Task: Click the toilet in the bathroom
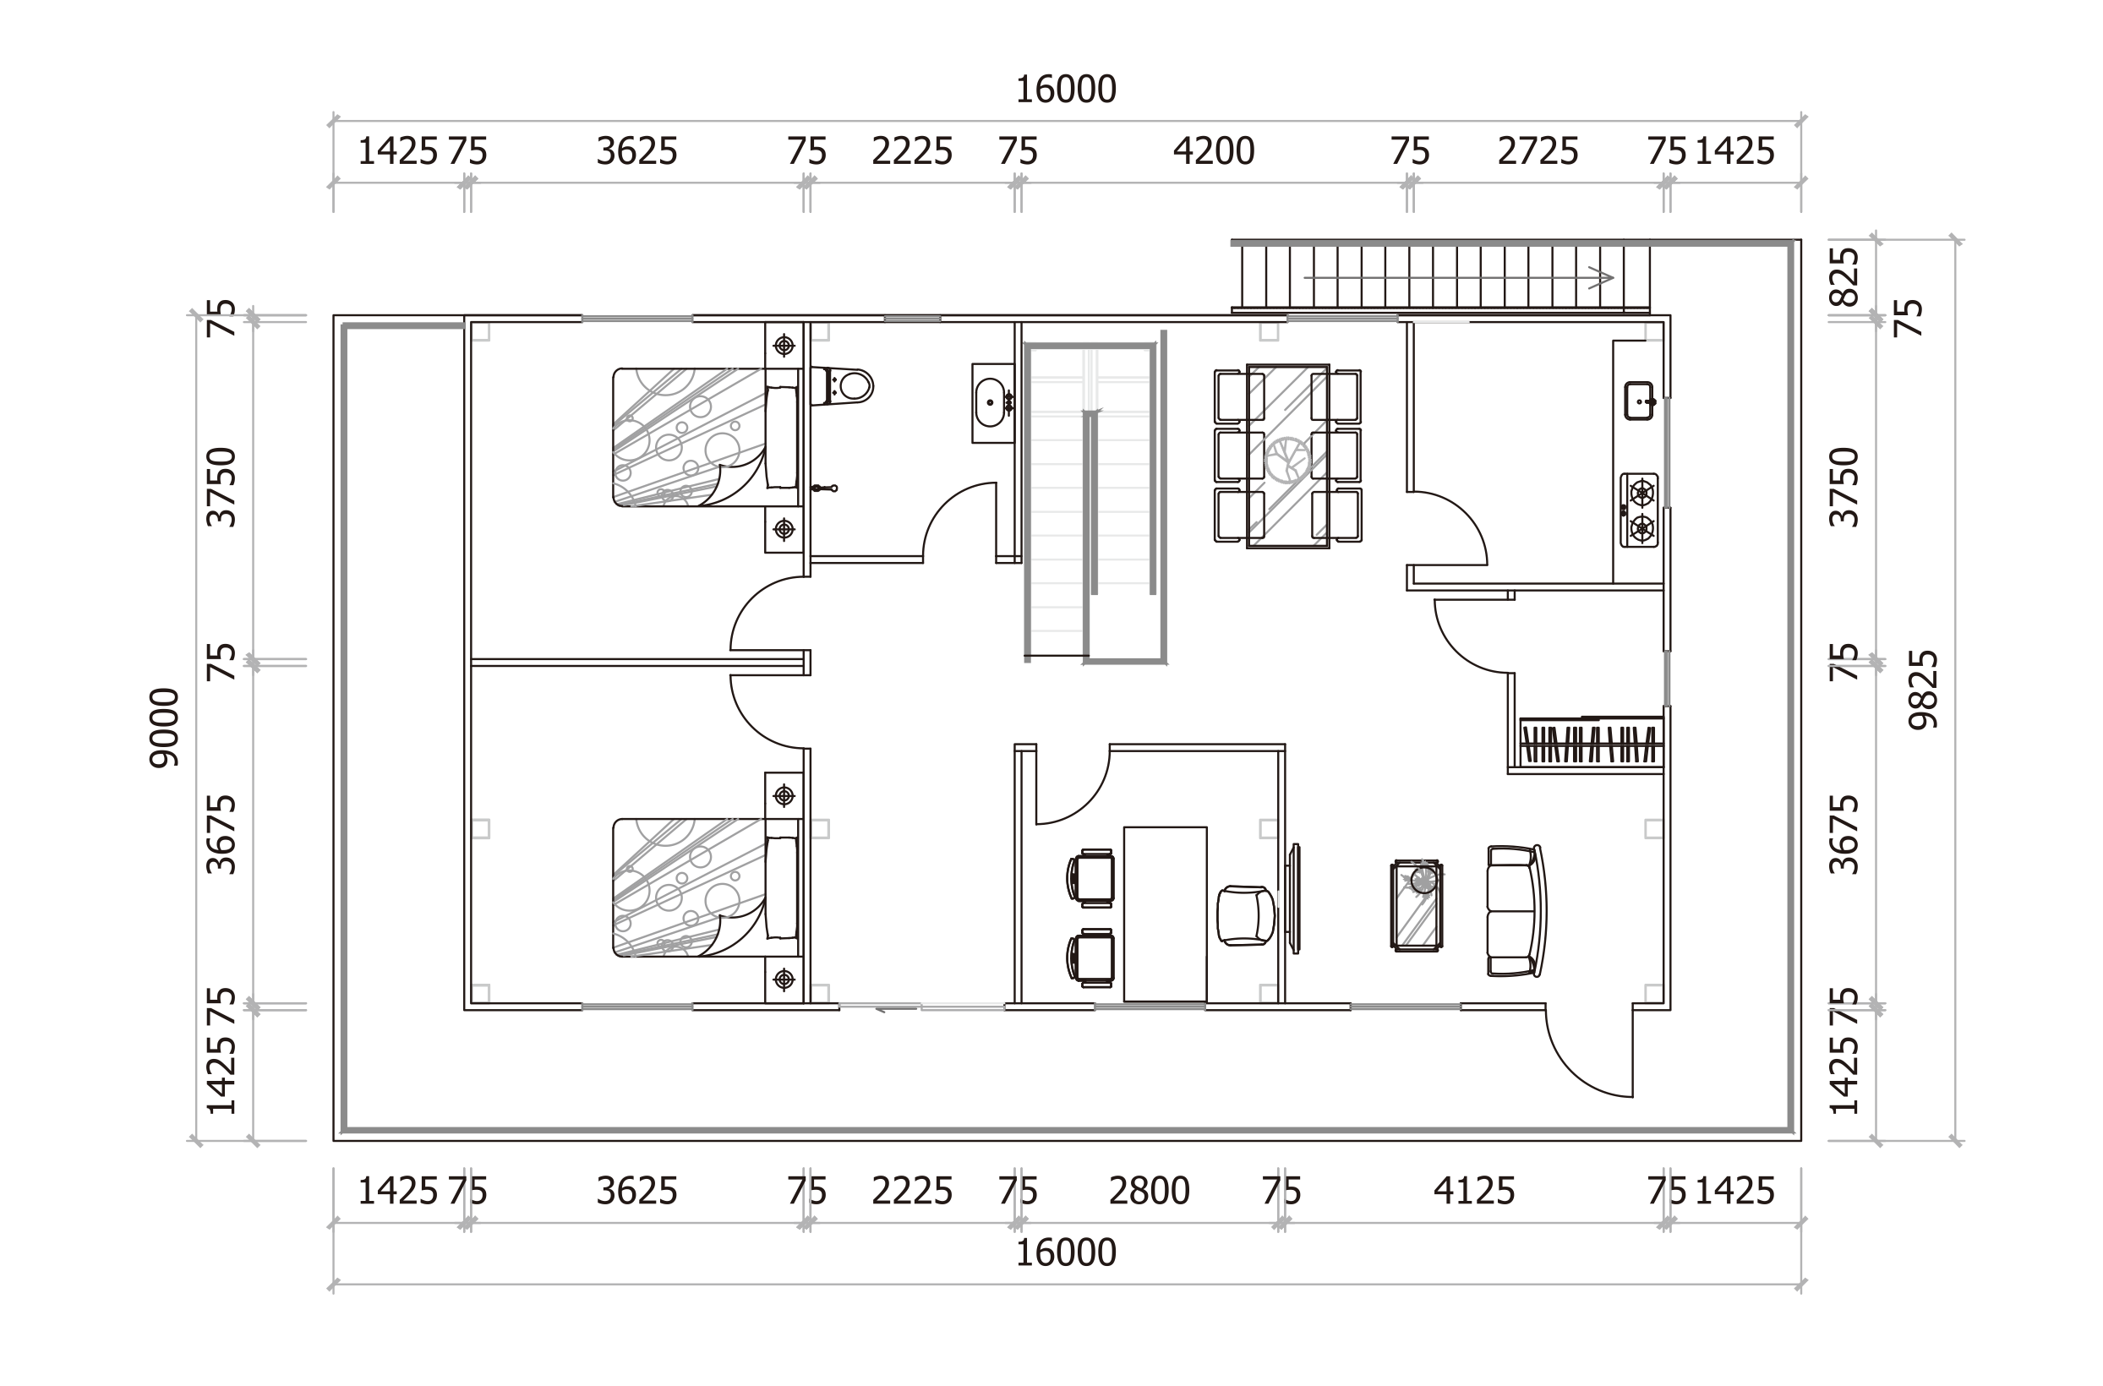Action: [x=843, y=386]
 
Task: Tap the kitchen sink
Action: [x=1639, y=401]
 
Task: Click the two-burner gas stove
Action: [x=1640, y=510]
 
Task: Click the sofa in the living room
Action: [x=1517, y=910]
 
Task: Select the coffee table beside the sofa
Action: [x=1416, y=905]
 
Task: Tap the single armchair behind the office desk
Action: [x=1246, y=916]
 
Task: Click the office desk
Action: [x=1165, y=914]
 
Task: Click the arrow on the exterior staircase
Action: [x=1459, y=277]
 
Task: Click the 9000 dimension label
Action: [x=165, y=728]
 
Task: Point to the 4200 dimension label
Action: [x=1214, y=152]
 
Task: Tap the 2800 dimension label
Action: [x=1150, y=1192]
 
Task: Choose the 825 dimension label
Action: [x=1845, y=277]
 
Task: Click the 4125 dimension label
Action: [x=1473, y=1192]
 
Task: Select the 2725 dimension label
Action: [x=1538, y=152]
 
